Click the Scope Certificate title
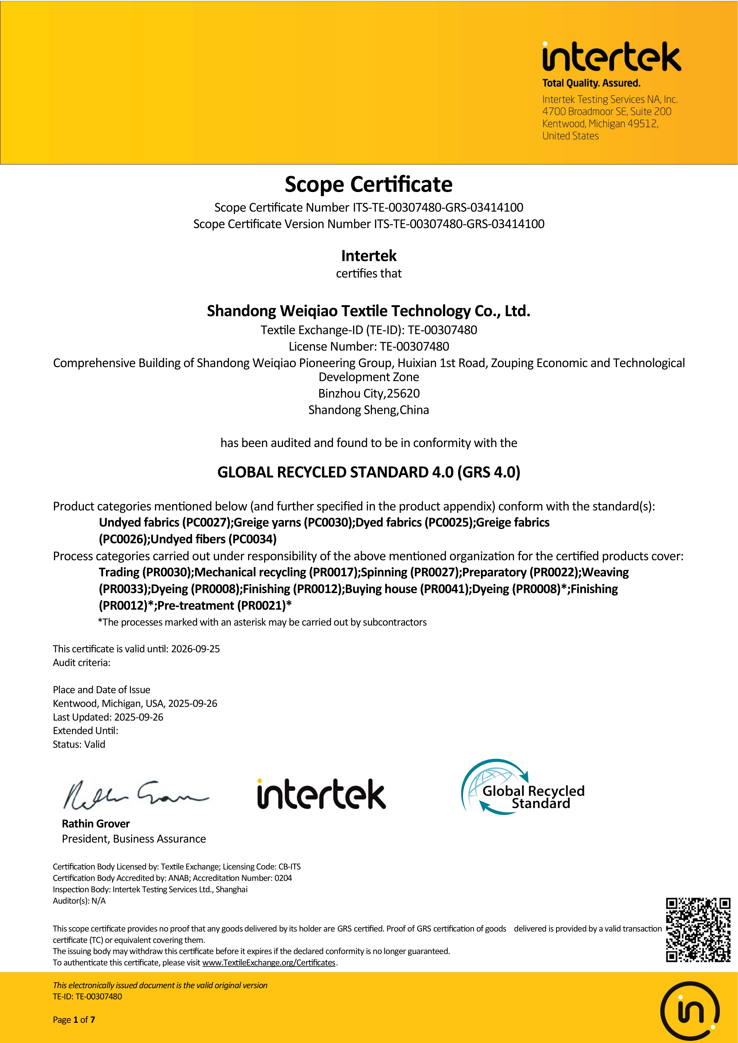coord(369,184)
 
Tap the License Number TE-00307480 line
coord(369,347)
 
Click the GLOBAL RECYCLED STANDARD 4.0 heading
coord(369,472)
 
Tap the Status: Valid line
coord(79,744)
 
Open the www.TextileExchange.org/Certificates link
coord(268,963)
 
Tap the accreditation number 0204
coord(283,878)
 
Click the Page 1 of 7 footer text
coord(74,1020)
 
